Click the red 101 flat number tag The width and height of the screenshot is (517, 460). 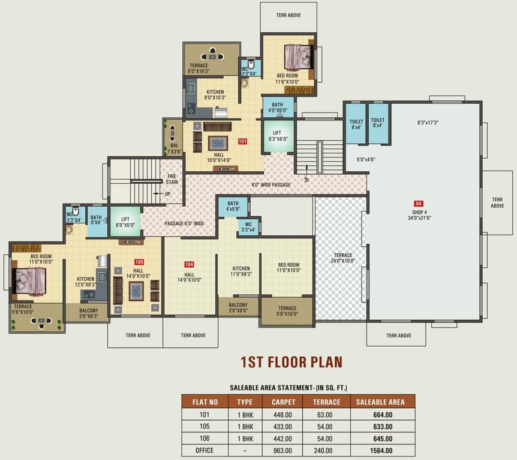(x=242, y=142)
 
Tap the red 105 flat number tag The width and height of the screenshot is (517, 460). (x=139, y=262)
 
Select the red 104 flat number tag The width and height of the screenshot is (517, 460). (x=189, y=264)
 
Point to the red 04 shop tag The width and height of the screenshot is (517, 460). (x=419, y=204)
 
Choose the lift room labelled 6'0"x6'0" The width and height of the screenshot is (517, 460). (x=125, y=222)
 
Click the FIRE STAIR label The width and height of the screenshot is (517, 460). (x=172, y=178)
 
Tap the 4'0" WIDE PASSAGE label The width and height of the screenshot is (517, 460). (x=270, y=185)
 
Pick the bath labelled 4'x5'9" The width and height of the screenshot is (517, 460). (x=233, y=207)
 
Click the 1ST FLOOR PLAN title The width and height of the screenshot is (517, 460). (x=291, y=362)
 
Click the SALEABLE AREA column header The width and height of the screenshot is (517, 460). (x=380, y=402)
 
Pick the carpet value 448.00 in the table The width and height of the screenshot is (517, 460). (x=283, y=414)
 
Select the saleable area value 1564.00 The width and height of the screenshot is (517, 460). (x=380, y=450)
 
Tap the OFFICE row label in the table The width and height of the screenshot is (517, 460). (x=205, y=450)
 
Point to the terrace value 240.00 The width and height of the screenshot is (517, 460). (x=326, y=450)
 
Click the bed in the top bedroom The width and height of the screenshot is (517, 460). (x=297, y=57)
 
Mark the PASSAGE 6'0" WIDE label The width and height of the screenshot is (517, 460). (x=184, y=223)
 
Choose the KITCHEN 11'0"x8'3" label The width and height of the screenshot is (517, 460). (x=241, y=271)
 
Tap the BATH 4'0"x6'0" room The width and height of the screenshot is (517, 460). (x=278, y=107)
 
